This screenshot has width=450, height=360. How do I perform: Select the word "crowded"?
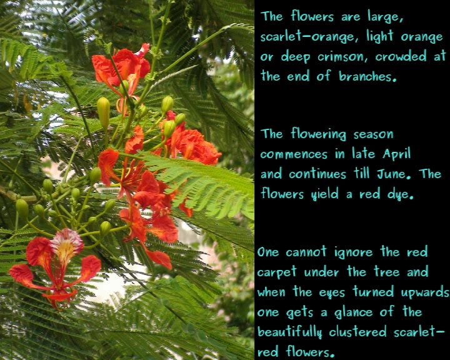click(x=401, y=56)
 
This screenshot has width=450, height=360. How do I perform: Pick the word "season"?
click(x=373, y=134)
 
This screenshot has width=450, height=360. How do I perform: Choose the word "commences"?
click(x=294, y=155)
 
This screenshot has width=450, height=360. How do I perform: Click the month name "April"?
click(x=396, y=154)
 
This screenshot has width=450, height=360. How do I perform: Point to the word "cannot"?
click(x=306, y=252)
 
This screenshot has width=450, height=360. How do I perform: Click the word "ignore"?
click(x=353, y=252)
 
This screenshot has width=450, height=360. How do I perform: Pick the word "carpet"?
click(x=276, y=272)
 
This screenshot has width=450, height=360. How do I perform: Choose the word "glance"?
click(x=353, y=312)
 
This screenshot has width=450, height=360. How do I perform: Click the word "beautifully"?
click(x=289, y=332)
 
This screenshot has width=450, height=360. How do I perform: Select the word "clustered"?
click(x=357, y=332)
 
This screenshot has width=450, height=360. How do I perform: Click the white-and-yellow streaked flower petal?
click(x=66, y=245)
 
